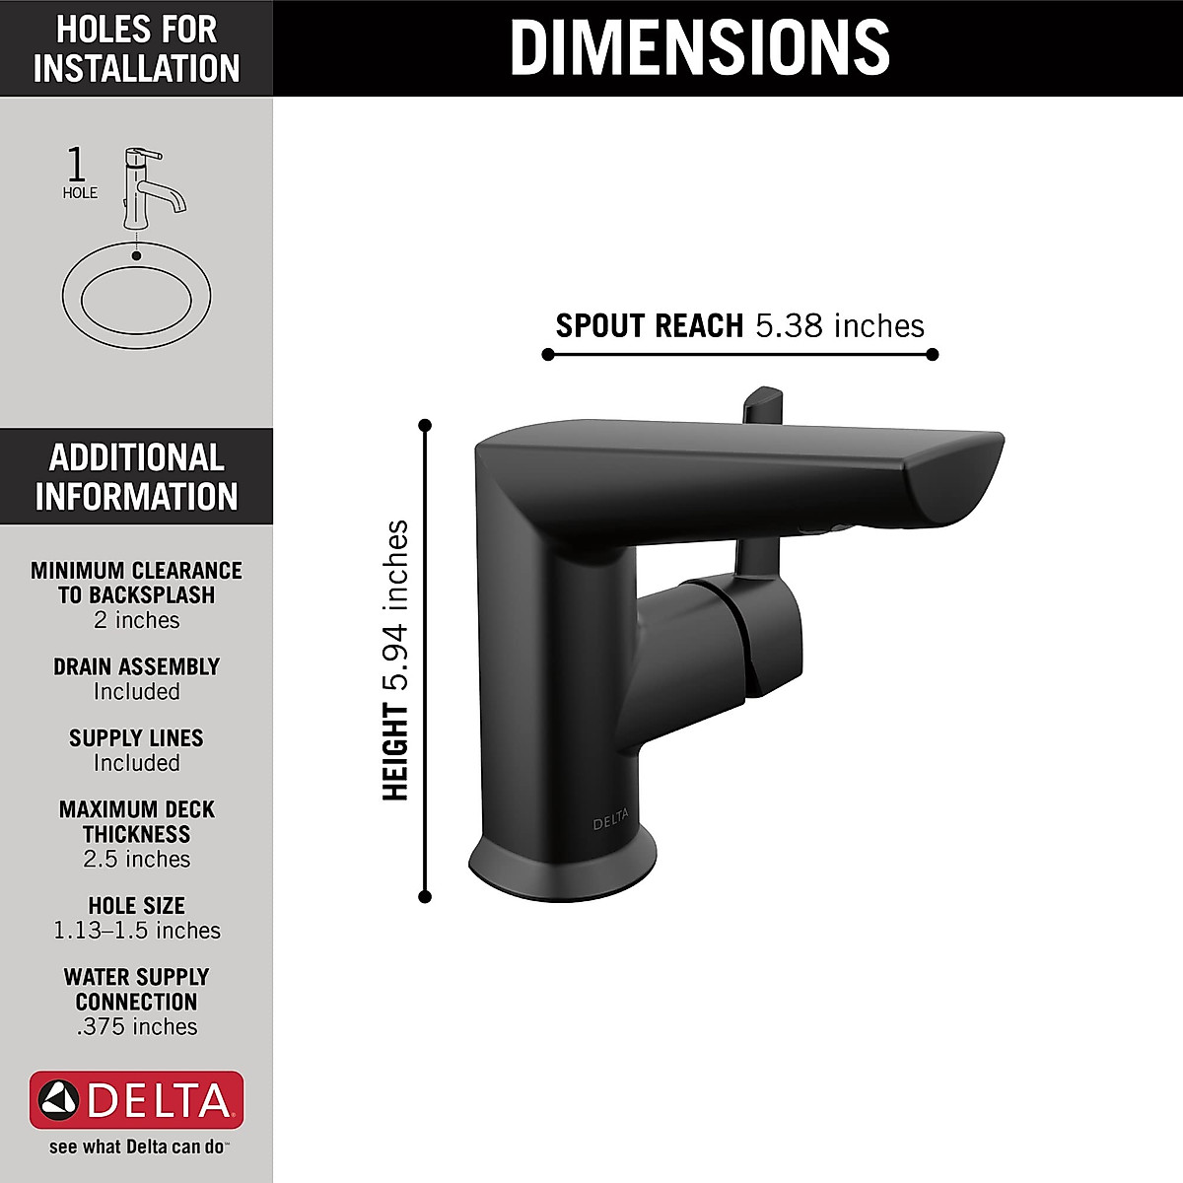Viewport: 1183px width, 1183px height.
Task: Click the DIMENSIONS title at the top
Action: (x=699, y=47)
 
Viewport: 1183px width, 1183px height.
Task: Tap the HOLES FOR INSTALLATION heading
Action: (x=136, y=48)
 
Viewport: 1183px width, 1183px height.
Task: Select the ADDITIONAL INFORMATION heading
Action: (x=136, y=477)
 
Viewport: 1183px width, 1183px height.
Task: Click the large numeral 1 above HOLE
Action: (x=76, y=165)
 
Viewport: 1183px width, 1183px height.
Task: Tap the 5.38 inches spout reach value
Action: (x=840, y=325)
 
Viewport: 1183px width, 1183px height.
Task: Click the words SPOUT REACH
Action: (x=649, y=325)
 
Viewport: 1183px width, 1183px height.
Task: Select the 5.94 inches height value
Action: (x=395, y=604)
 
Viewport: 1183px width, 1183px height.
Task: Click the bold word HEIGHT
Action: (x=395, y=751)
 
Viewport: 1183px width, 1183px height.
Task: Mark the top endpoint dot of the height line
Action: (x=425, y=426)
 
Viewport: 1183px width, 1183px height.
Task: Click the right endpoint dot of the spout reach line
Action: (x=933, y=354)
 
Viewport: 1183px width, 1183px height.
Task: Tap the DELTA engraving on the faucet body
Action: (x=610, y=823)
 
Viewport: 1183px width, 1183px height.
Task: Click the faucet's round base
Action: (x=562, y=868)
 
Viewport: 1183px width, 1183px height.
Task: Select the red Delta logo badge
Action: (x=136, y=1099)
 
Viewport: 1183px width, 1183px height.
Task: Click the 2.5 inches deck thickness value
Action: (x=136, y=859)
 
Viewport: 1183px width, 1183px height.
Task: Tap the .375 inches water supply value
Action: (x=136, y=1027)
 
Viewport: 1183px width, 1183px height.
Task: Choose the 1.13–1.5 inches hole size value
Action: (x=136, y=931)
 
